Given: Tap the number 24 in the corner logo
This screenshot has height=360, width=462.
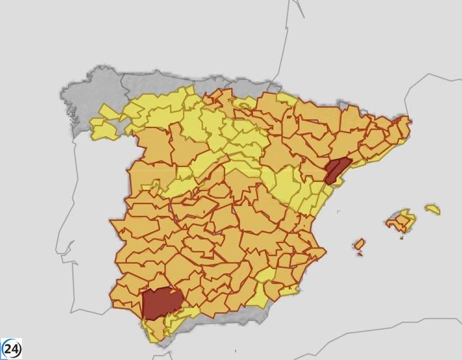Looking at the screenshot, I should pos(12,349).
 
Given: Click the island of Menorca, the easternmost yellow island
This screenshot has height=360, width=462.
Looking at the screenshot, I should pos(433,209).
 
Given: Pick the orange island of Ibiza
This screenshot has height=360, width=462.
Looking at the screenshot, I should pos(360,244).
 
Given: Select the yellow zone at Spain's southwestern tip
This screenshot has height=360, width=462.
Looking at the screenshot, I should pos(154,329).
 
